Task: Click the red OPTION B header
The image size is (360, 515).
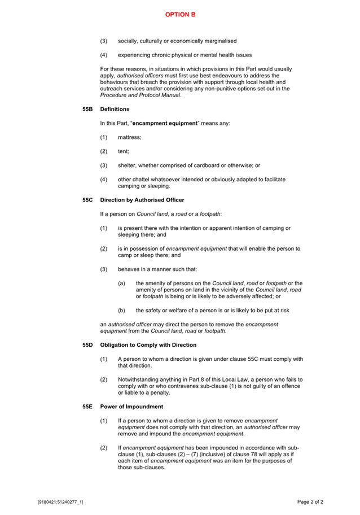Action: tap(180, 14)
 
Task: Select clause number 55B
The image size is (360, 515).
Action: tap(87, 109)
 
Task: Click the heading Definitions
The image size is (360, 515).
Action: tap(115, 109)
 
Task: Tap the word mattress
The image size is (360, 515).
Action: tap(130, 137)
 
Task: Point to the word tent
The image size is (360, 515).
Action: tap(124, 151)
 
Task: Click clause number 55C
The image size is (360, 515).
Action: tap(87, 200)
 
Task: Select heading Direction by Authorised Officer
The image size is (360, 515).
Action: tap(142, 200)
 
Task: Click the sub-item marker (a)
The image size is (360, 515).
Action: tap(121, 283)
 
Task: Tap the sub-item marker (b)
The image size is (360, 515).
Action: tap(121, 310)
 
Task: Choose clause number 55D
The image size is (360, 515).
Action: tap(87, 344)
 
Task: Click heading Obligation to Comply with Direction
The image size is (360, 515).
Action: tap(148, 344)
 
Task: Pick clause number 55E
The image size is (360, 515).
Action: tap(87, 407)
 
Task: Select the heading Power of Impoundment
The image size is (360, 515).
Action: tap(131, 407)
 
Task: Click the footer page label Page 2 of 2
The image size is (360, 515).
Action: tap(310, 501)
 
